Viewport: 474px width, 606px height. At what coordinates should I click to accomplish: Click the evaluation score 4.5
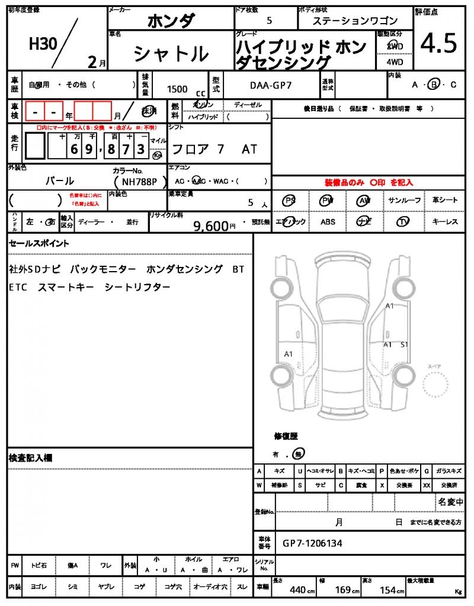click(x=438, y=44)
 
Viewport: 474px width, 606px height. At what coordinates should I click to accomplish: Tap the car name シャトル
click(x=171, y=54)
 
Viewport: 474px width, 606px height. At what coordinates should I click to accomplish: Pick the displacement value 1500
click(x=177, y=89)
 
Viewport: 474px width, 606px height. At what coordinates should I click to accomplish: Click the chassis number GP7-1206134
click(x=312, y=543)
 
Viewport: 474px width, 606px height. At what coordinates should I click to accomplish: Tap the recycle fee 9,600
click(x=210, y=225)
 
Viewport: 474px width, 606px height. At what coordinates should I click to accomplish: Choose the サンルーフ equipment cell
click(x=406, y=200)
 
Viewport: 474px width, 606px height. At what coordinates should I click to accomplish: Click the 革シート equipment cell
click(x=445, y=200)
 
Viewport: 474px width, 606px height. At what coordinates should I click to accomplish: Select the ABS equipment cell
click(x=328, y=221)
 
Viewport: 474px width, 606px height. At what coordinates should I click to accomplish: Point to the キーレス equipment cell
click(x=445, y=221)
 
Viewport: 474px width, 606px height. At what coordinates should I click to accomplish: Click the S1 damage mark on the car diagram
click(x=405, y=344)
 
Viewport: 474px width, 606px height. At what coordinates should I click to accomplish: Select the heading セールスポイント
click(x=39, y=243)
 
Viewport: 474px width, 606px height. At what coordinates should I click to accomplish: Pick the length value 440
click(x=297, y=589)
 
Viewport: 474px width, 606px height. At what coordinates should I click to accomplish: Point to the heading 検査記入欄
click(x=30, y=458)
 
